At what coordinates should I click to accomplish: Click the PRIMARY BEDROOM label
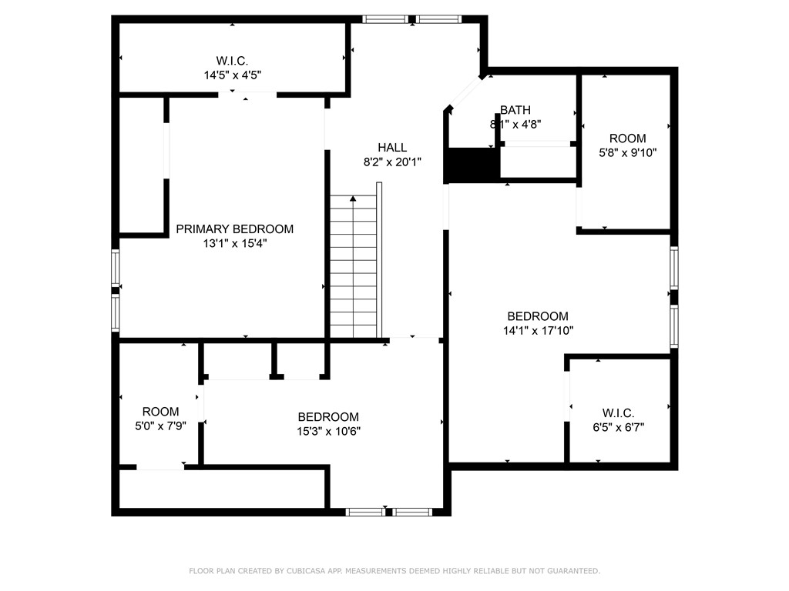tap(234, 229)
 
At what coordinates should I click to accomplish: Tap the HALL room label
tap(391, 147)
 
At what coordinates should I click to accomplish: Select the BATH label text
tap(515, 110)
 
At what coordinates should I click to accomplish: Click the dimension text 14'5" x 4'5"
tap(232, 75)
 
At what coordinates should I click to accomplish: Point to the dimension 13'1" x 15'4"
tap(234, 243)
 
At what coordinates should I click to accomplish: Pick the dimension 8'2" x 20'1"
tap(391, 162)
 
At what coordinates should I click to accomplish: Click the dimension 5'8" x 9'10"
tap(627, 152)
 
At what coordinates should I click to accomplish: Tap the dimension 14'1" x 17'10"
tap(538, 330)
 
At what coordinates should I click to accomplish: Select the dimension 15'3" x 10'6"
tap(328, 431)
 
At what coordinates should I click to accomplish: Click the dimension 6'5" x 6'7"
tap(618, 427)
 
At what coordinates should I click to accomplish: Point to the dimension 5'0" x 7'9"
tap(160, 426)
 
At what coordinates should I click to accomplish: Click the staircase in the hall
tap(354, 269)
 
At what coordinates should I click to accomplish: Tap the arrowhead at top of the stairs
tap(353, 199)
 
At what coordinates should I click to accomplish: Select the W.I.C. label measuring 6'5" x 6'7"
tap(618, 412)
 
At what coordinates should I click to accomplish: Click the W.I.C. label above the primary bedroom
tap(232, 61)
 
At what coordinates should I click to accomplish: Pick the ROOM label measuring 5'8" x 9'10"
tap(627, 139)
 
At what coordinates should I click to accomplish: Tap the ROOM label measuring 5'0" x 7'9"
tap(160, 412)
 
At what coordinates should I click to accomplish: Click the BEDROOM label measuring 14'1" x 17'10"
tap(538, 316)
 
